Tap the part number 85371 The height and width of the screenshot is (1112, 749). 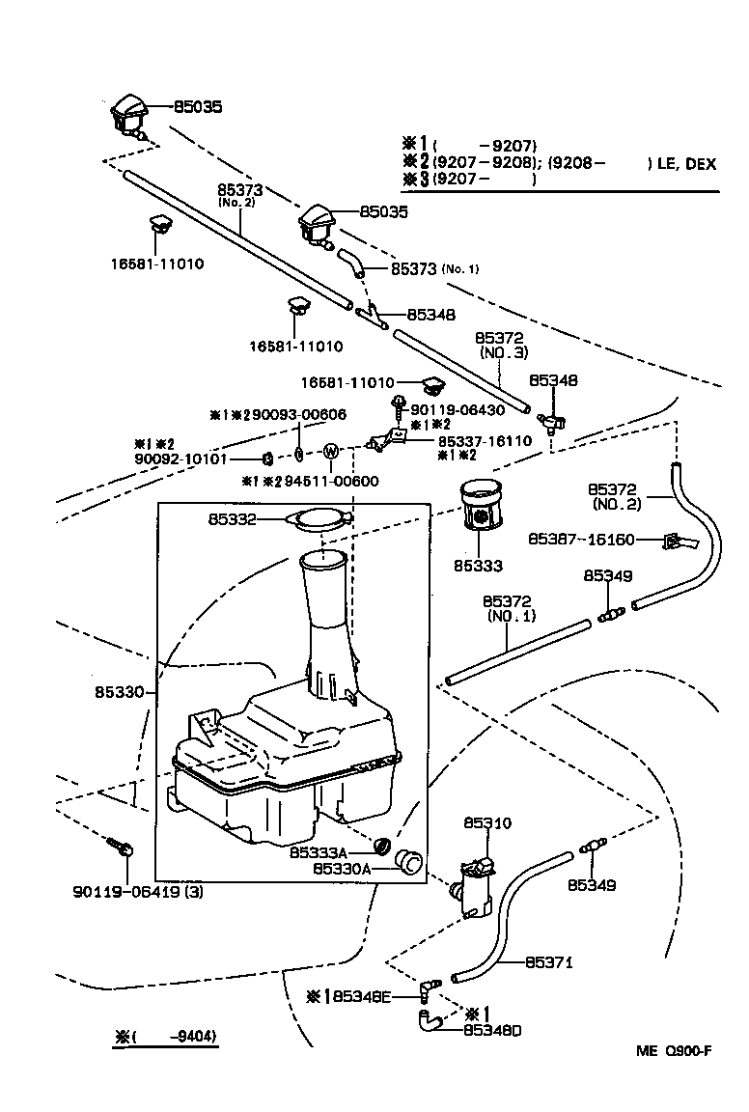[549, 962]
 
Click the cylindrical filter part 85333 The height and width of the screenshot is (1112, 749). [482, 507]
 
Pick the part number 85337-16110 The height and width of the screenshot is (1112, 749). [485, 440]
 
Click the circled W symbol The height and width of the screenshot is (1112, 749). [331, 451]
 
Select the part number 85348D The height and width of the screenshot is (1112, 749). [492, 1029]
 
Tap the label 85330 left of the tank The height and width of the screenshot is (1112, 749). [119, 692]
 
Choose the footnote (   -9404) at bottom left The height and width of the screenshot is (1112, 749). [166, 1038]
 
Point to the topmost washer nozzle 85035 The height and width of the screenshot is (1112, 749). [128, 117]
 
